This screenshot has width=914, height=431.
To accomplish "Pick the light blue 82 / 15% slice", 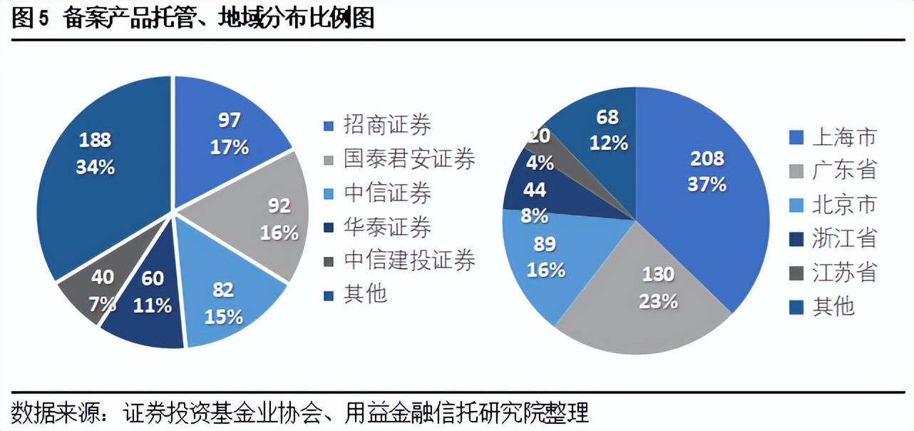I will (228, 300).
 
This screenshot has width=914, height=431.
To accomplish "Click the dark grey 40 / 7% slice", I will (100, 289).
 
